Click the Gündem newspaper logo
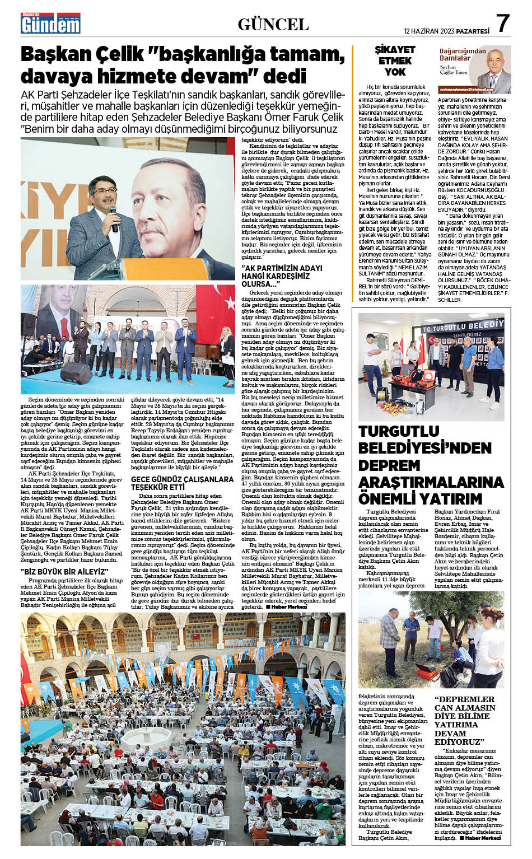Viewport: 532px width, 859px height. (x=50, y=24)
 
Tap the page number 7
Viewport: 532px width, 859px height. (x=503, y=24)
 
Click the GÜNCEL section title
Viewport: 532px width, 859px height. (x=273, y=24)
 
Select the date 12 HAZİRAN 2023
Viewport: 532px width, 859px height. (x=431, y=31)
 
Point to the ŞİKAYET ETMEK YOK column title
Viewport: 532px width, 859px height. (x=395, y=60)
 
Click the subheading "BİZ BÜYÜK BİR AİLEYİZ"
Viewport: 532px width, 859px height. (x=64, y=571)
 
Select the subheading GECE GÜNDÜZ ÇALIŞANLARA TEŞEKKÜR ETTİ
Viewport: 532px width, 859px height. (x=182, y=483)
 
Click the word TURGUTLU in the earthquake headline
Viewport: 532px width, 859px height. (x=399, y=431)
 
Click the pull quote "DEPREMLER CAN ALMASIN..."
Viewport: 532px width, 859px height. (x=465, y=720)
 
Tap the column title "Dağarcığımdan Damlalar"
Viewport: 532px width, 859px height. (x=454, y=54)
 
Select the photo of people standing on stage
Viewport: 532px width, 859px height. (x=128, y=339)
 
